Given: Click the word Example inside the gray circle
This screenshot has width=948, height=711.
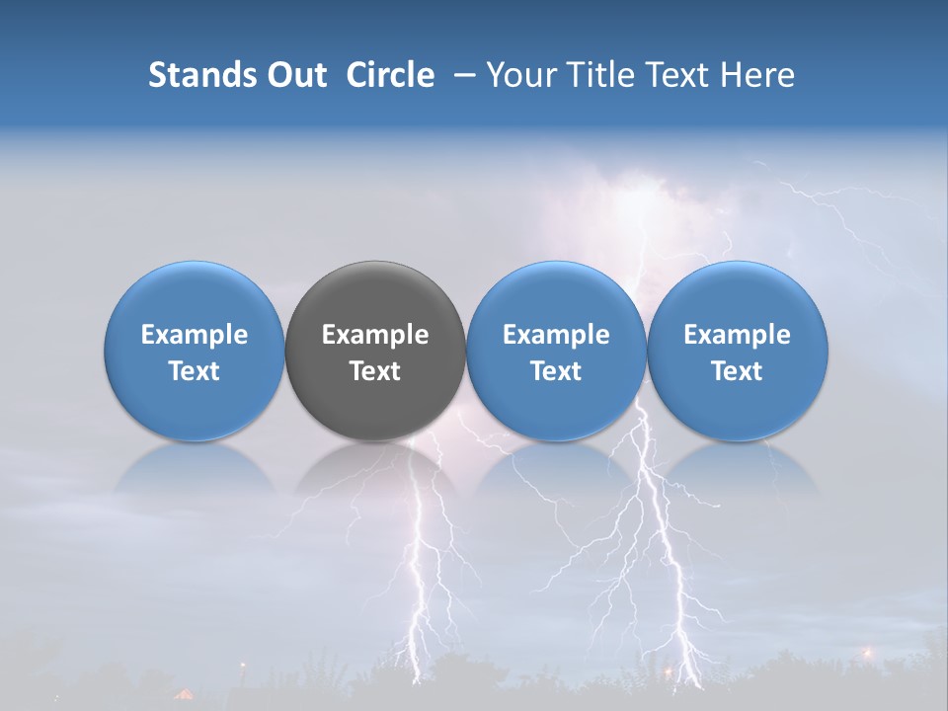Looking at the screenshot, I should click(375, 335).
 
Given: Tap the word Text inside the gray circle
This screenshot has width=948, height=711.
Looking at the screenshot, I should click(375, 371).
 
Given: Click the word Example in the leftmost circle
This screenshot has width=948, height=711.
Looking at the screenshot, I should click(194, 335).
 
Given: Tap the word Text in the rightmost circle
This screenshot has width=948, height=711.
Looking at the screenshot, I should click(737, 371).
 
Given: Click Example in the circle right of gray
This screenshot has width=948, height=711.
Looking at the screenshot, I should click(556, 335).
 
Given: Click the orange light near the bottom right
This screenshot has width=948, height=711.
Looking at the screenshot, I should click(868, 652).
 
